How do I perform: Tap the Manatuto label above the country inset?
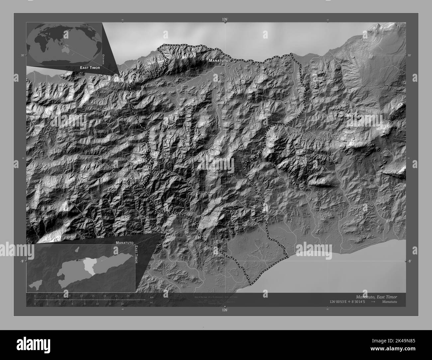coord(125,243)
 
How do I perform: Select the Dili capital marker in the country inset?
coord(77,260)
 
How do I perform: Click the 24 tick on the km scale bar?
coord(128,296)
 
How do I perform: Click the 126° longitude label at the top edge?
coord(225,20)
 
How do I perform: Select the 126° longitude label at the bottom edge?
coord(225,310)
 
